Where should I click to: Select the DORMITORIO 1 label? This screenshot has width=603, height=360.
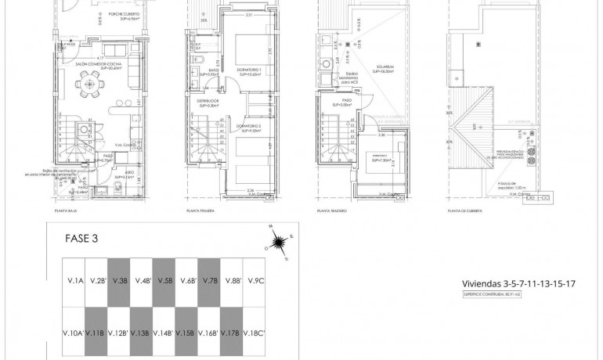tap(249, 70)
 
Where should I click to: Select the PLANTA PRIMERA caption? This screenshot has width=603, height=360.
tap(200, 211)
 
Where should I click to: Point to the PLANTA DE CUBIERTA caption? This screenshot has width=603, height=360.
tap(462, 211)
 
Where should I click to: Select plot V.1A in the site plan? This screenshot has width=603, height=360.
tap(75, 280)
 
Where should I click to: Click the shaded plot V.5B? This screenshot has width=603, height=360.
tap(165, 280)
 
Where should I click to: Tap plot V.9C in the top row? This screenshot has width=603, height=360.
tap(255, 280)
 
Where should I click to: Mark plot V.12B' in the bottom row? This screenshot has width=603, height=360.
tap(120, 333)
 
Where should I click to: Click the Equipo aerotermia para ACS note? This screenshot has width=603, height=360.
tap(348, 80)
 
